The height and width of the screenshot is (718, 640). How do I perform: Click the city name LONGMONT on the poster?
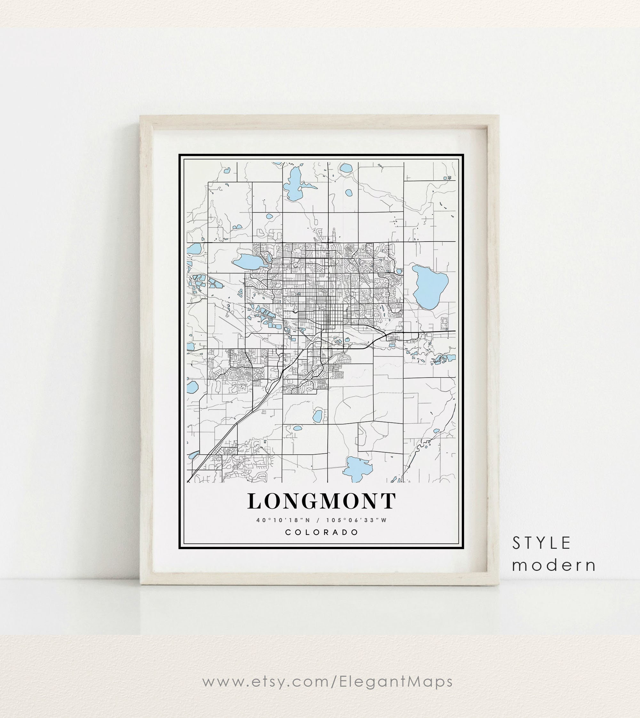tap(322, 501)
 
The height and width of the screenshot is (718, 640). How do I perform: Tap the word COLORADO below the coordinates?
tap(322, 532)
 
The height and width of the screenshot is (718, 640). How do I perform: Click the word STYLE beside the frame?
tap(541, 543)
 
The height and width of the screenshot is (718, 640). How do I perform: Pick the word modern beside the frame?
tap(554, 565)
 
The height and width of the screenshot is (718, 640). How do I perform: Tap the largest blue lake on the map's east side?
tap(430, 287)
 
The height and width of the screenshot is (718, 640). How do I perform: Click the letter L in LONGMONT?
tap(255, 501)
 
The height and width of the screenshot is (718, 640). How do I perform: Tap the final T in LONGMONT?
tap(388, 501)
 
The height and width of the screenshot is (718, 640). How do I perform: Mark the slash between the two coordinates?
tap(319, 520)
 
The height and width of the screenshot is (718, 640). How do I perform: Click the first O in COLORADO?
tap(298, 532)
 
